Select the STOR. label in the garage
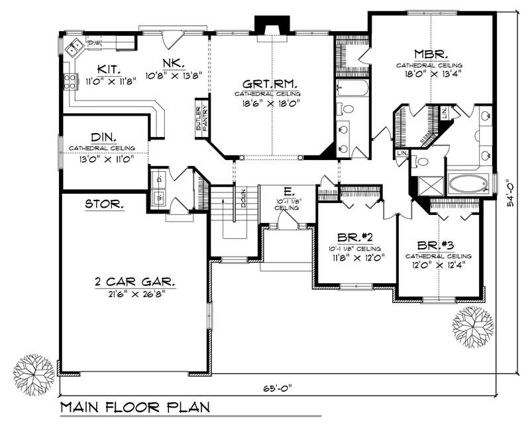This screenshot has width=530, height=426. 104,205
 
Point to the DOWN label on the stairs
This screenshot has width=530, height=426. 243,198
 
